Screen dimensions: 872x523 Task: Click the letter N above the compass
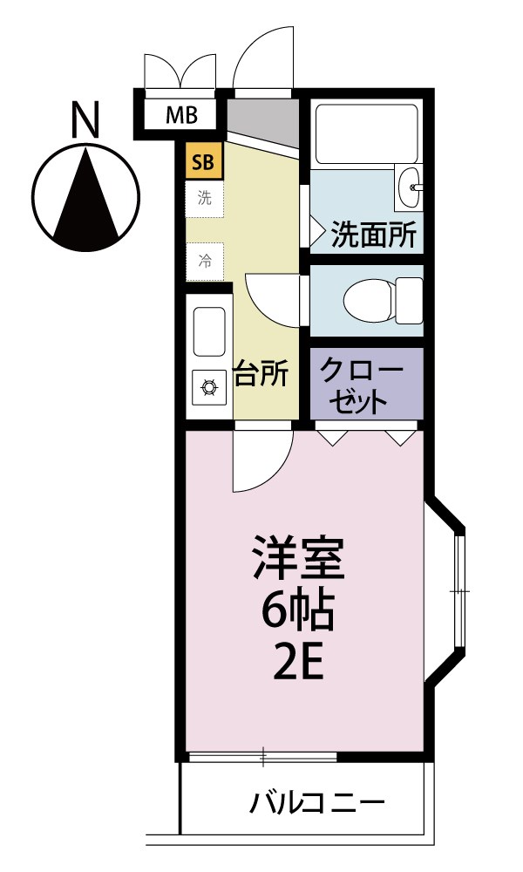click(x=85, y=120)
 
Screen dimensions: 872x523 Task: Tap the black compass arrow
click(x=86, y=196)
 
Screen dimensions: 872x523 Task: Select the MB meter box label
click(x=182, y=114)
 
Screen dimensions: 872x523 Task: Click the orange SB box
click(x=204, y=160)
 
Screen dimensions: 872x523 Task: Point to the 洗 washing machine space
click(x=205, y=198)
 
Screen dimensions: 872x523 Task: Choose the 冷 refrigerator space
click(x=205, y=260)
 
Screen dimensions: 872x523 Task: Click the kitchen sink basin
click(x=209, y=331)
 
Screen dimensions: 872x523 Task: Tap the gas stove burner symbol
click(x=209, y=386)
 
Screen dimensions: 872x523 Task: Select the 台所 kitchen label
click(x=261, y=373)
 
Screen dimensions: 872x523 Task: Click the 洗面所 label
click(x=374, y=235)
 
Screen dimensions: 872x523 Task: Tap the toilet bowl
click(x=370, y=301)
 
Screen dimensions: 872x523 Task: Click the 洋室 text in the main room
click(x=299, y=558)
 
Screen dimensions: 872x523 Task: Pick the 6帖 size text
click(x=298, y=613)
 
